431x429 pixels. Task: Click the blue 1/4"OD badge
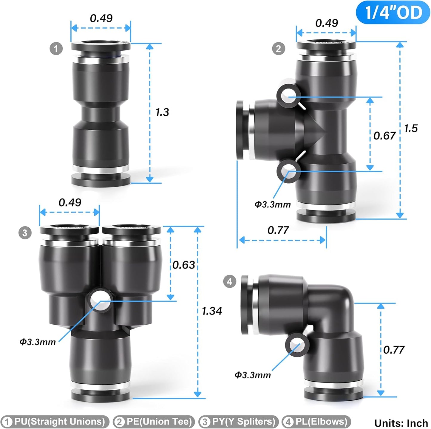393,13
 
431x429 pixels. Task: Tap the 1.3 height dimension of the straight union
162,112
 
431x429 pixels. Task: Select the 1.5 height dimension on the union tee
411,128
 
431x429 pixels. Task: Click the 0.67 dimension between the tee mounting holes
384,136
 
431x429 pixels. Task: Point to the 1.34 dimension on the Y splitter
212,311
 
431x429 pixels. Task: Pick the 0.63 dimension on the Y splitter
183,265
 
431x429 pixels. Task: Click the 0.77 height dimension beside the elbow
394,350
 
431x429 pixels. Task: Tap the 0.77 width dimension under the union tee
278,230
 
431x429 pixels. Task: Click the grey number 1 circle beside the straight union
56,49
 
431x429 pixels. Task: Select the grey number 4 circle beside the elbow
229,281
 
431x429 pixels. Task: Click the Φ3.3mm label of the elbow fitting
253,375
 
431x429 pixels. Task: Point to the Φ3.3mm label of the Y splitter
38,342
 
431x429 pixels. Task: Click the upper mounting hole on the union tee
288,96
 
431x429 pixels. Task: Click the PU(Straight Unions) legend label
55,422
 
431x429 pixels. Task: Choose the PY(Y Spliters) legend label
239,422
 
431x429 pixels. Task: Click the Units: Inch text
401,423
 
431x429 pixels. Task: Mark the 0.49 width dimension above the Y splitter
70,203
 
